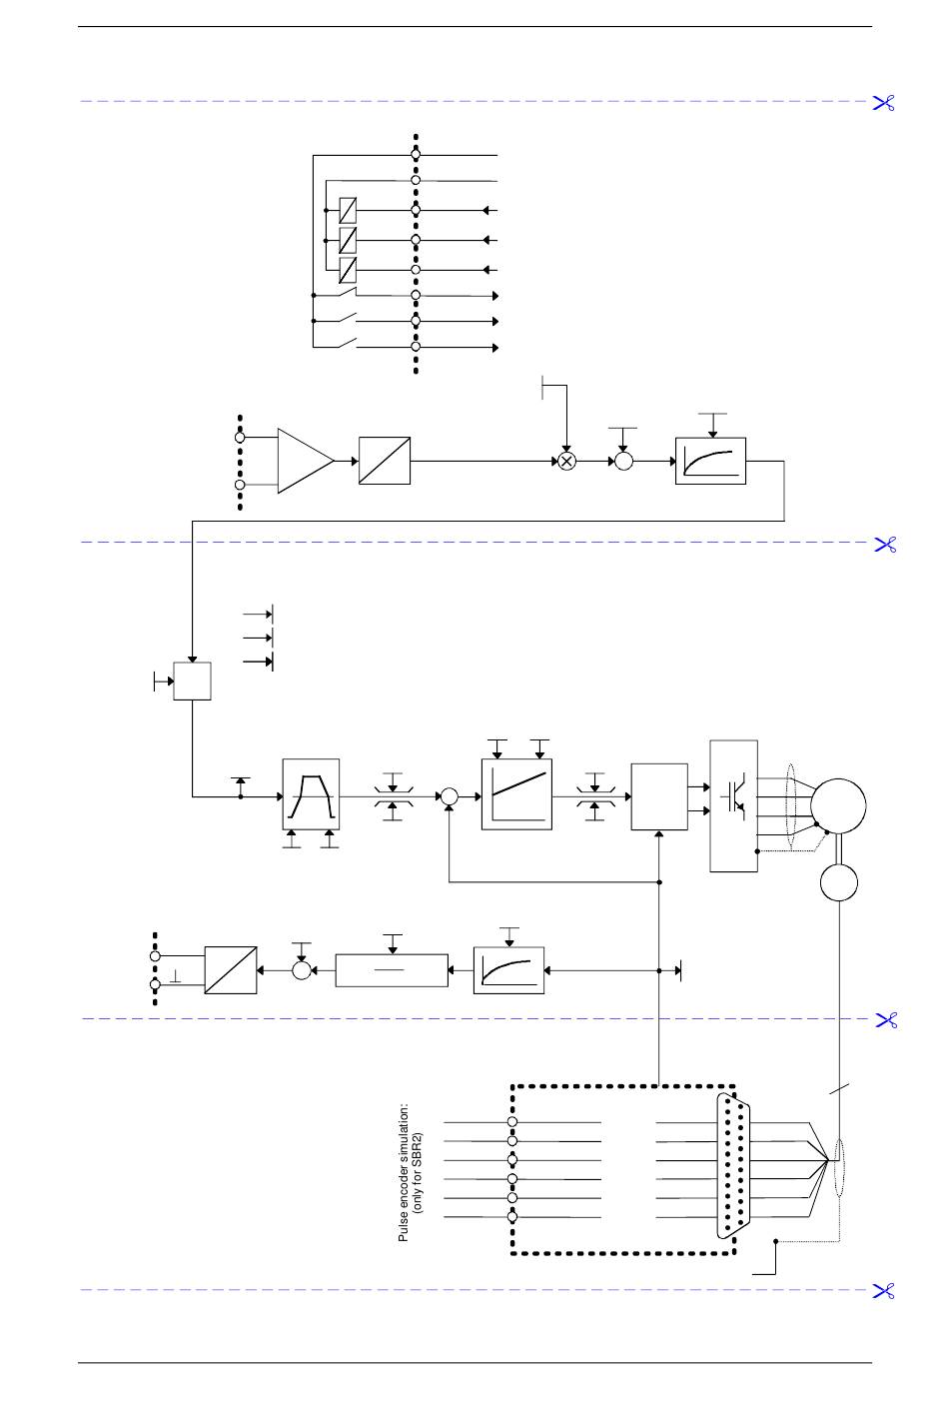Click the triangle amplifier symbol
pyautogui.click(x=306, y=461)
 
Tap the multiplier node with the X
pyautogui.click(x=566, y=462)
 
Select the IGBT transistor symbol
pyautogui.click(x=733, y=796)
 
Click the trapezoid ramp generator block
pyautogui.click(x=311, y=793)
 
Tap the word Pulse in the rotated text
pyautogui.click(x=403, y=1229)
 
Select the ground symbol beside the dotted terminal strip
pyautogui.click(x=176, y=977)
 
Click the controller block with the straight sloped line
pyautogui.click(x=516, y=793)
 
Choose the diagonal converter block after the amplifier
pyautogui.click(x=385, y=461)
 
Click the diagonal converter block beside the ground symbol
pyautogui.click(x=231, y=970)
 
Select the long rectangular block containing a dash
pyautogui.click(x=392, y=970)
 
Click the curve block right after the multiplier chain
pyautogui.click(x=711, y=461)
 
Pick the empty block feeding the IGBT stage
pyautogui.click(x=659, y=796)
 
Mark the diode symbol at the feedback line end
pyautogui.click(x=678, y=970)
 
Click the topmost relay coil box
pyautogui.click(x=348, y=210)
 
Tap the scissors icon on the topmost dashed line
pyautogui.click(x=884, y=103)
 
